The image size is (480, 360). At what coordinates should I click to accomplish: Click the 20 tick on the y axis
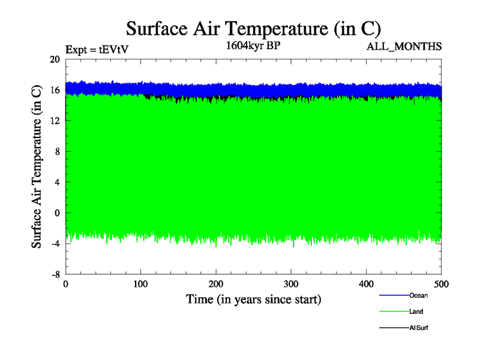(x=55, y=59)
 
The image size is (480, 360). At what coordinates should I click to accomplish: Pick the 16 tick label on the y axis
(x=55, y=90)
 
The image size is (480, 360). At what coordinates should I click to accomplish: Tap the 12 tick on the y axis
(x=55, y=121)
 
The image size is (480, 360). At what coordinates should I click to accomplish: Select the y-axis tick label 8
(x=57, y=151)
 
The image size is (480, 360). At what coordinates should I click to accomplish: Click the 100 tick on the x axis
(x=140, y=284)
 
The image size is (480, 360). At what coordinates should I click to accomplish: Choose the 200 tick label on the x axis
(x=216, y=284)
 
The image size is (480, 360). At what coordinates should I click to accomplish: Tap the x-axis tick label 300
(x=291, y=284)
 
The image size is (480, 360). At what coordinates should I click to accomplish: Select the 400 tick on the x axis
(x=366, y=284)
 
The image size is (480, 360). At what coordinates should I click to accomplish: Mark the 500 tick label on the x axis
(x=441, y=284)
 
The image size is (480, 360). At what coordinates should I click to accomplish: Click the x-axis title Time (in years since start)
(x=253, y=299)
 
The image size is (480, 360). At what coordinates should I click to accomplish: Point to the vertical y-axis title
(x=37, y=167)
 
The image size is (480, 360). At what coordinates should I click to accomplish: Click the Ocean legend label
(x=418, y=295)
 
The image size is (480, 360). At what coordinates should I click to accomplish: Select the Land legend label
(x=416, y=312)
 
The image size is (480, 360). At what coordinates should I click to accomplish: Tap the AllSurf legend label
(x=419, y=328)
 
